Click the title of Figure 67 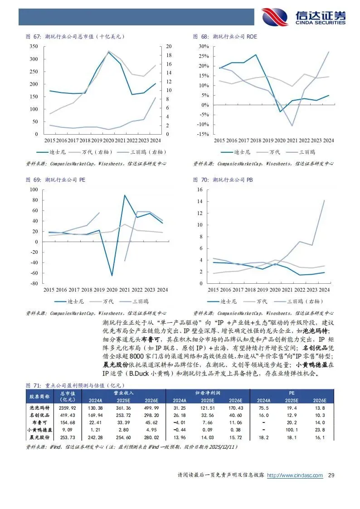(74, 36)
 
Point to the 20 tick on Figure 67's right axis (169, 47)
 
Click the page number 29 (331, 475)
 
